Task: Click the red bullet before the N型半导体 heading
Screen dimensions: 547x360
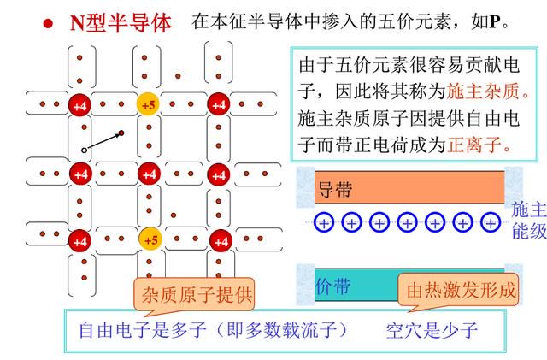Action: click(x=48, y=23)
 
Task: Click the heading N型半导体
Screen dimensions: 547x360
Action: click(x=121, y=23)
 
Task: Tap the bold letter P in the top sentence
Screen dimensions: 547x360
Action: click(x=495, y=22)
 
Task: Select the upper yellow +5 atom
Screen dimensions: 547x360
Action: click(x=148, y=104)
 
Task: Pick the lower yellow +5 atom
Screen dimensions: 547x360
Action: click(x=150, y=239)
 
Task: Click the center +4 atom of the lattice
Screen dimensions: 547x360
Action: click(x=150, y=174)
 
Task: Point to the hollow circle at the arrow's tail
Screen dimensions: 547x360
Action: click(x=84, y=150)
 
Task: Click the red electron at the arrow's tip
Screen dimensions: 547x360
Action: click(x=121, y=133)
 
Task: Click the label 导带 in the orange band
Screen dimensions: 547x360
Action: click(x=334, y=190)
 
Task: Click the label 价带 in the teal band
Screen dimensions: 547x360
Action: click(x=332, y=286)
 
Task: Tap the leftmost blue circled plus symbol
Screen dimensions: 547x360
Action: click(x=324, y=223)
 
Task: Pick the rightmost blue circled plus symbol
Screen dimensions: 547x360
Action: click(x=491, y=223)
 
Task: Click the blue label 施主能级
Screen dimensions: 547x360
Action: click(x=529, y=220)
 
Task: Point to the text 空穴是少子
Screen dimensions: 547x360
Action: click(x=432, y=330)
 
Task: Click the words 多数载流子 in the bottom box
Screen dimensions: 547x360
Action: click(x=291, y=329)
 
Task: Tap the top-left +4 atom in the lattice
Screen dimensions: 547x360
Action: click(x=79, y=105)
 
